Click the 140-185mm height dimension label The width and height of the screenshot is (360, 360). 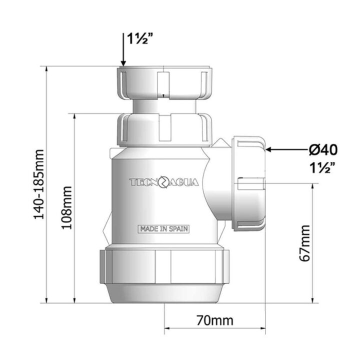[38, 184]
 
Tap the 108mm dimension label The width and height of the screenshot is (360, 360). [66, 207]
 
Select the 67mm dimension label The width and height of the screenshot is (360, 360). [305, 243]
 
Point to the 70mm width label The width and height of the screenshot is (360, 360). [214, 320]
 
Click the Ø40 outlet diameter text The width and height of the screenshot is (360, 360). [323, 149]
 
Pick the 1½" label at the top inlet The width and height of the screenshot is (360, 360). [140, 38]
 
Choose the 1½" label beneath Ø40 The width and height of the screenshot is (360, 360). [322, 168]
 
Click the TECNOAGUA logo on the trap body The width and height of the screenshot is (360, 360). [164, 182]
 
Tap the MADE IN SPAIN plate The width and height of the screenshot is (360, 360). [163, 229]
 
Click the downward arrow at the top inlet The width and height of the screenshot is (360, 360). [123, 49]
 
